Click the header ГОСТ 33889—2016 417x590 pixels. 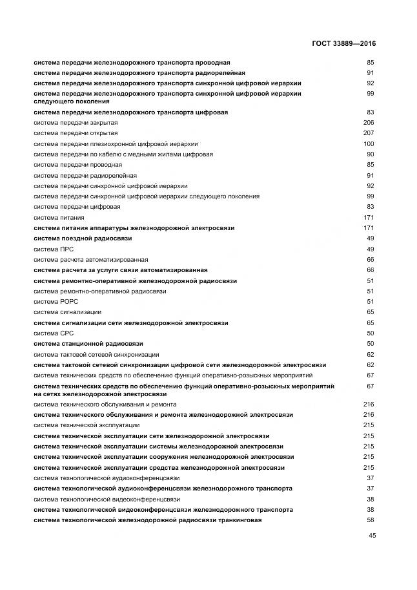(x=343, y=43)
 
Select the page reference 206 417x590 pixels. (x=369, y=123)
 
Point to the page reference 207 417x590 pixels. (x=369, y=133)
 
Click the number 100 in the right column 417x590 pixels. (x=369, y=143)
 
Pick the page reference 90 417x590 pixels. (x=371, y=154)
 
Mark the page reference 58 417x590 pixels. (x=371, y=520)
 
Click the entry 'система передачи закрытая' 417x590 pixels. (x=76, y=123)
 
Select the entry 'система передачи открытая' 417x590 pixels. (x=76, y=133)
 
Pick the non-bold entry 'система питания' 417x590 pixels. (x=59, y=217)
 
